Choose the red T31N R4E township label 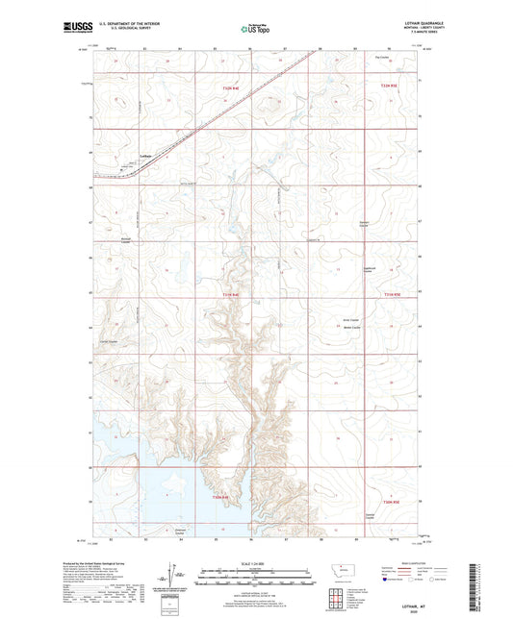pos(226,293)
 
